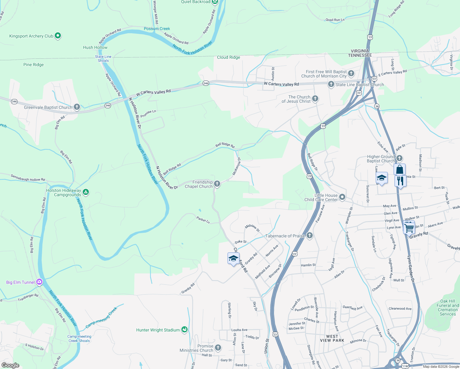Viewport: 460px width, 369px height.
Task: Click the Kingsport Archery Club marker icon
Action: (x=58, y=36)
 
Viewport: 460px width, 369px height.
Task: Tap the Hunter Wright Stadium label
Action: (x=158, y=330)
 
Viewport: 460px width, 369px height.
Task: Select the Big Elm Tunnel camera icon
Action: (x=39, y=282)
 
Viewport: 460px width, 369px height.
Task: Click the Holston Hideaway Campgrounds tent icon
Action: (x=86, y=192)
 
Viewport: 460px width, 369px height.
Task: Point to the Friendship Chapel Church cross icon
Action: (x=217, y=184)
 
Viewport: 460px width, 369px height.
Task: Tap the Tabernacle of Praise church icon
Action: (x=310, y=236)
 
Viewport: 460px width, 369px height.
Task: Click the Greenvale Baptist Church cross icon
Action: (x=77, y=107)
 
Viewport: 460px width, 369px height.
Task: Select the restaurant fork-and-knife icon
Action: (x=400, y=181)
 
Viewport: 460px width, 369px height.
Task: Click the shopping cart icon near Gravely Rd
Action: (x=409, y=228)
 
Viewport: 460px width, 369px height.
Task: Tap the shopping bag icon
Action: (x=399, y=169)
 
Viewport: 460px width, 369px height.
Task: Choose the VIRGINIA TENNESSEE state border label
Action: (x=360, y=53)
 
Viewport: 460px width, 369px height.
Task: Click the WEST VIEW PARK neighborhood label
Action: (x=332, y=338)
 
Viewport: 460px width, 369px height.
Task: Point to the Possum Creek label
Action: (x=157, y=29)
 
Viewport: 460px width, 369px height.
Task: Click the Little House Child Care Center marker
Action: (x=342, y=197)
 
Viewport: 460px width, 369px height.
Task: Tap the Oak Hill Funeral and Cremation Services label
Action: (x=447, y=307)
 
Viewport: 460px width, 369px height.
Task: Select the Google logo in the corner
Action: (x=10, y=365)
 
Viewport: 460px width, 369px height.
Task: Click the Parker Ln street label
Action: (x=203, y=220)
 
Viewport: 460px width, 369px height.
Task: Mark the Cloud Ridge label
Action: (x=228, y=57)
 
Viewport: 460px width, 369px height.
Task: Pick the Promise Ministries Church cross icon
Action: (x=218, y=347)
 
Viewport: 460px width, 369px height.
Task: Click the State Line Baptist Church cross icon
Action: (x=331, y=84)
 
